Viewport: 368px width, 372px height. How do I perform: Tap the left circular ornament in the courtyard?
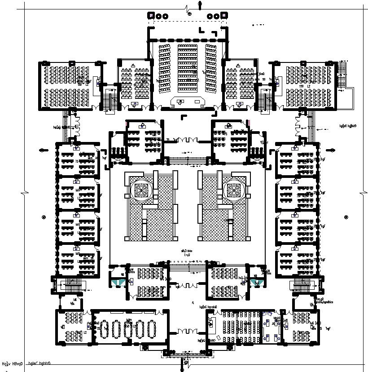(x=141, y=190)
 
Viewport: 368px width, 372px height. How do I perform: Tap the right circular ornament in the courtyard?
(x=234, y=190)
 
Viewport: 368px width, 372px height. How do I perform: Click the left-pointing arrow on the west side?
(x=44, y=151)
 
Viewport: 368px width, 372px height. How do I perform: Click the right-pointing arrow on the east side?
(x=333, y=151)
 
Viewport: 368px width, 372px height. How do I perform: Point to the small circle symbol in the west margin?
(x=44, y=217)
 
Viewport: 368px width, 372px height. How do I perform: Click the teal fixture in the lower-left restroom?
(x=118, y=282)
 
